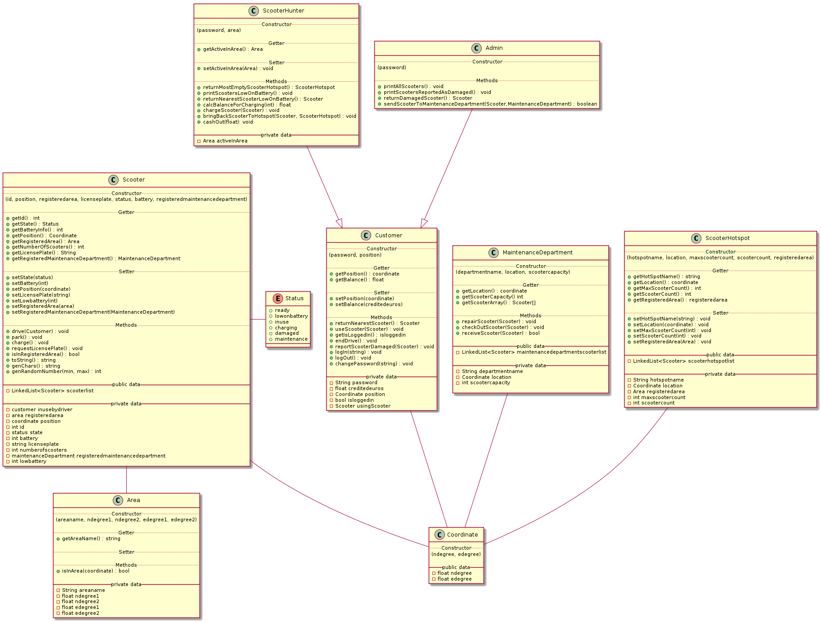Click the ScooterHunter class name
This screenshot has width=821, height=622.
283,11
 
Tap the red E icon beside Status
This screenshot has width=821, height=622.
277,298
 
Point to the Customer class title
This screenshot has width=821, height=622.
388,235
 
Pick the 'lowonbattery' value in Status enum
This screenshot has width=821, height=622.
291,316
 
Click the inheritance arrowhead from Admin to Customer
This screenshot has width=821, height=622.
424,223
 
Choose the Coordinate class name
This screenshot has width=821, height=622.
462,535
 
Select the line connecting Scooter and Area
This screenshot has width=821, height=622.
126,480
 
